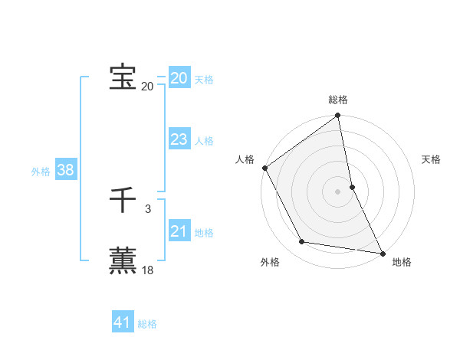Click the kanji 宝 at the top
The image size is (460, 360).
(123, 77)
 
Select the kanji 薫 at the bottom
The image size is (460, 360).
(123, 260)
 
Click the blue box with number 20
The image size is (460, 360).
(179, 78)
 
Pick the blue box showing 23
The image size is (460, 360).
(179, 139)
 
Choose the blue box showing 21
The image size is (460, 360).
(179, 231)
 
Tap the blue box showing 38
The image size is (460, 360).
(65, 170)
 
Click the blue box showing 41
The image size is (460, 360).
(123, 322)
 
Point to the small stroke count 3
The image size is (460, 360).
(147, 208)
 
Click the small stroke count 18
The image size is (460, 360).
(147, 270)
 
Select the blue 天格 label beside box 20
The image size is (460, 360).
(204, 80)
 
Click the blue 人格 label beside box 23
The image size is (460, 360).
(204, 141)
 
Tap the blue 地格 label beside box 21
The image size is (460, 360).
(204, 233)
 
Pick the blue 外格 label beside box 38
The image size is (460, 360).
(41, 172)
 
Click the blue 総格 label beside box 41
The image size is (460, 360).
(147, 324)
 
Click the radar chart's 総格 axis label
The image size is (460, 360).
(338, 100)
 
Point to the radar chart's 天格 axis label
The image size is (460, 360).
(431, 159)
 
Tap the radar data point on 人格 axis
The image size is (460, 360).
(264, 168)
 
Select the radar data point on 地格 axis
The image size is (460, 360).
(382, 253)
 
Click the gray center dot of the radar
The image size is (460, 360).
(338, 191)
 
